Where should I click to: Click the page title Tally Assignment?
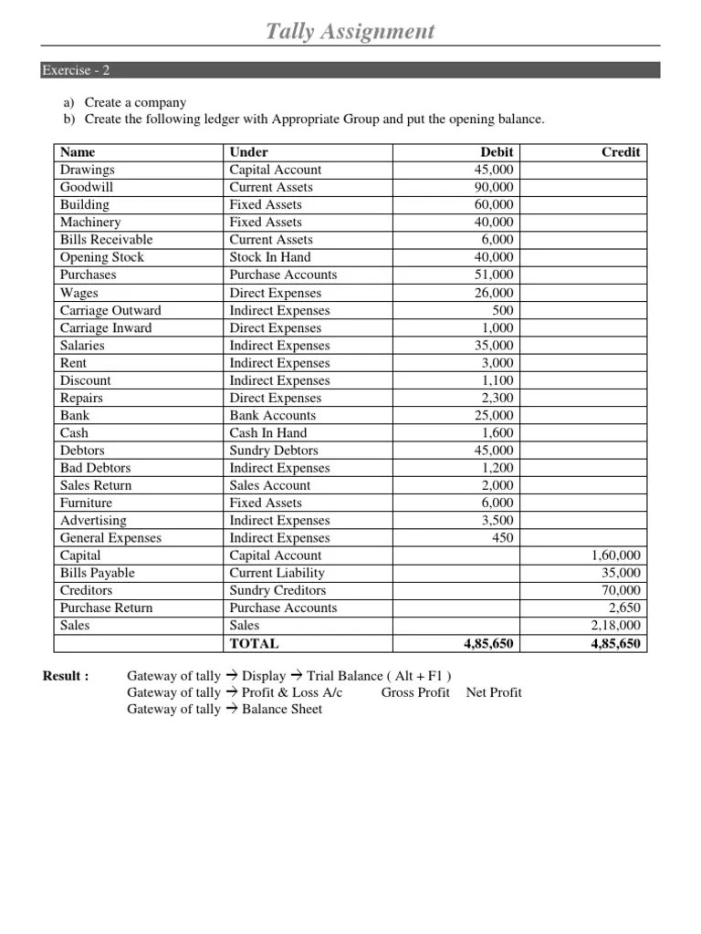coord(350,32)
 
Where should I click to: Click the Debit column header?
coord(497,152)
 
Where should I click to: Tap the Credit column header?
coord(621,152)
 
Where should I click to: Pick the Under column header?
coord(248,152)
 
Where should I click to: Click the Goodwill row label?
coord(87,187)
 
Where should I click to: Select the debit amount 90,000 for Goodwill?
coord(495,187)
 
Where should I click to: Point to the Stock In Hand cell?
coord(269,257)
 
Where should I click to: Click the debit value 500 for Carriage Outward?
coord(502,310)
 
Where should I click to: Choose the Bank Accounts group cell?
coord(273,415)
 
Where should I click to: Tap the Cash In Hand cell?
coord(268,433)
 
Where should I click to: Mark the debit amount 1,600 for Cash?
coord(498,433)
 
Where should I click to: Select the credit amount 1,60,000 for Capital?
coord(616,555)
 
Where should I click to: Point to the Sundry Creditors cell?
coord(277,590)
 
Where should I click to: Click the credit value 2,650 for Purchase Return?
coord(625,607)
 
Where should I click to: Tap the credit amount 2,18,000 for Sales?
coord(616,626)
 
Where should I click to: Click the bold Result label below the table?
coord(66,676)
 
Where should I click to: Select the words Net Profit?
coord(494,692)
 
